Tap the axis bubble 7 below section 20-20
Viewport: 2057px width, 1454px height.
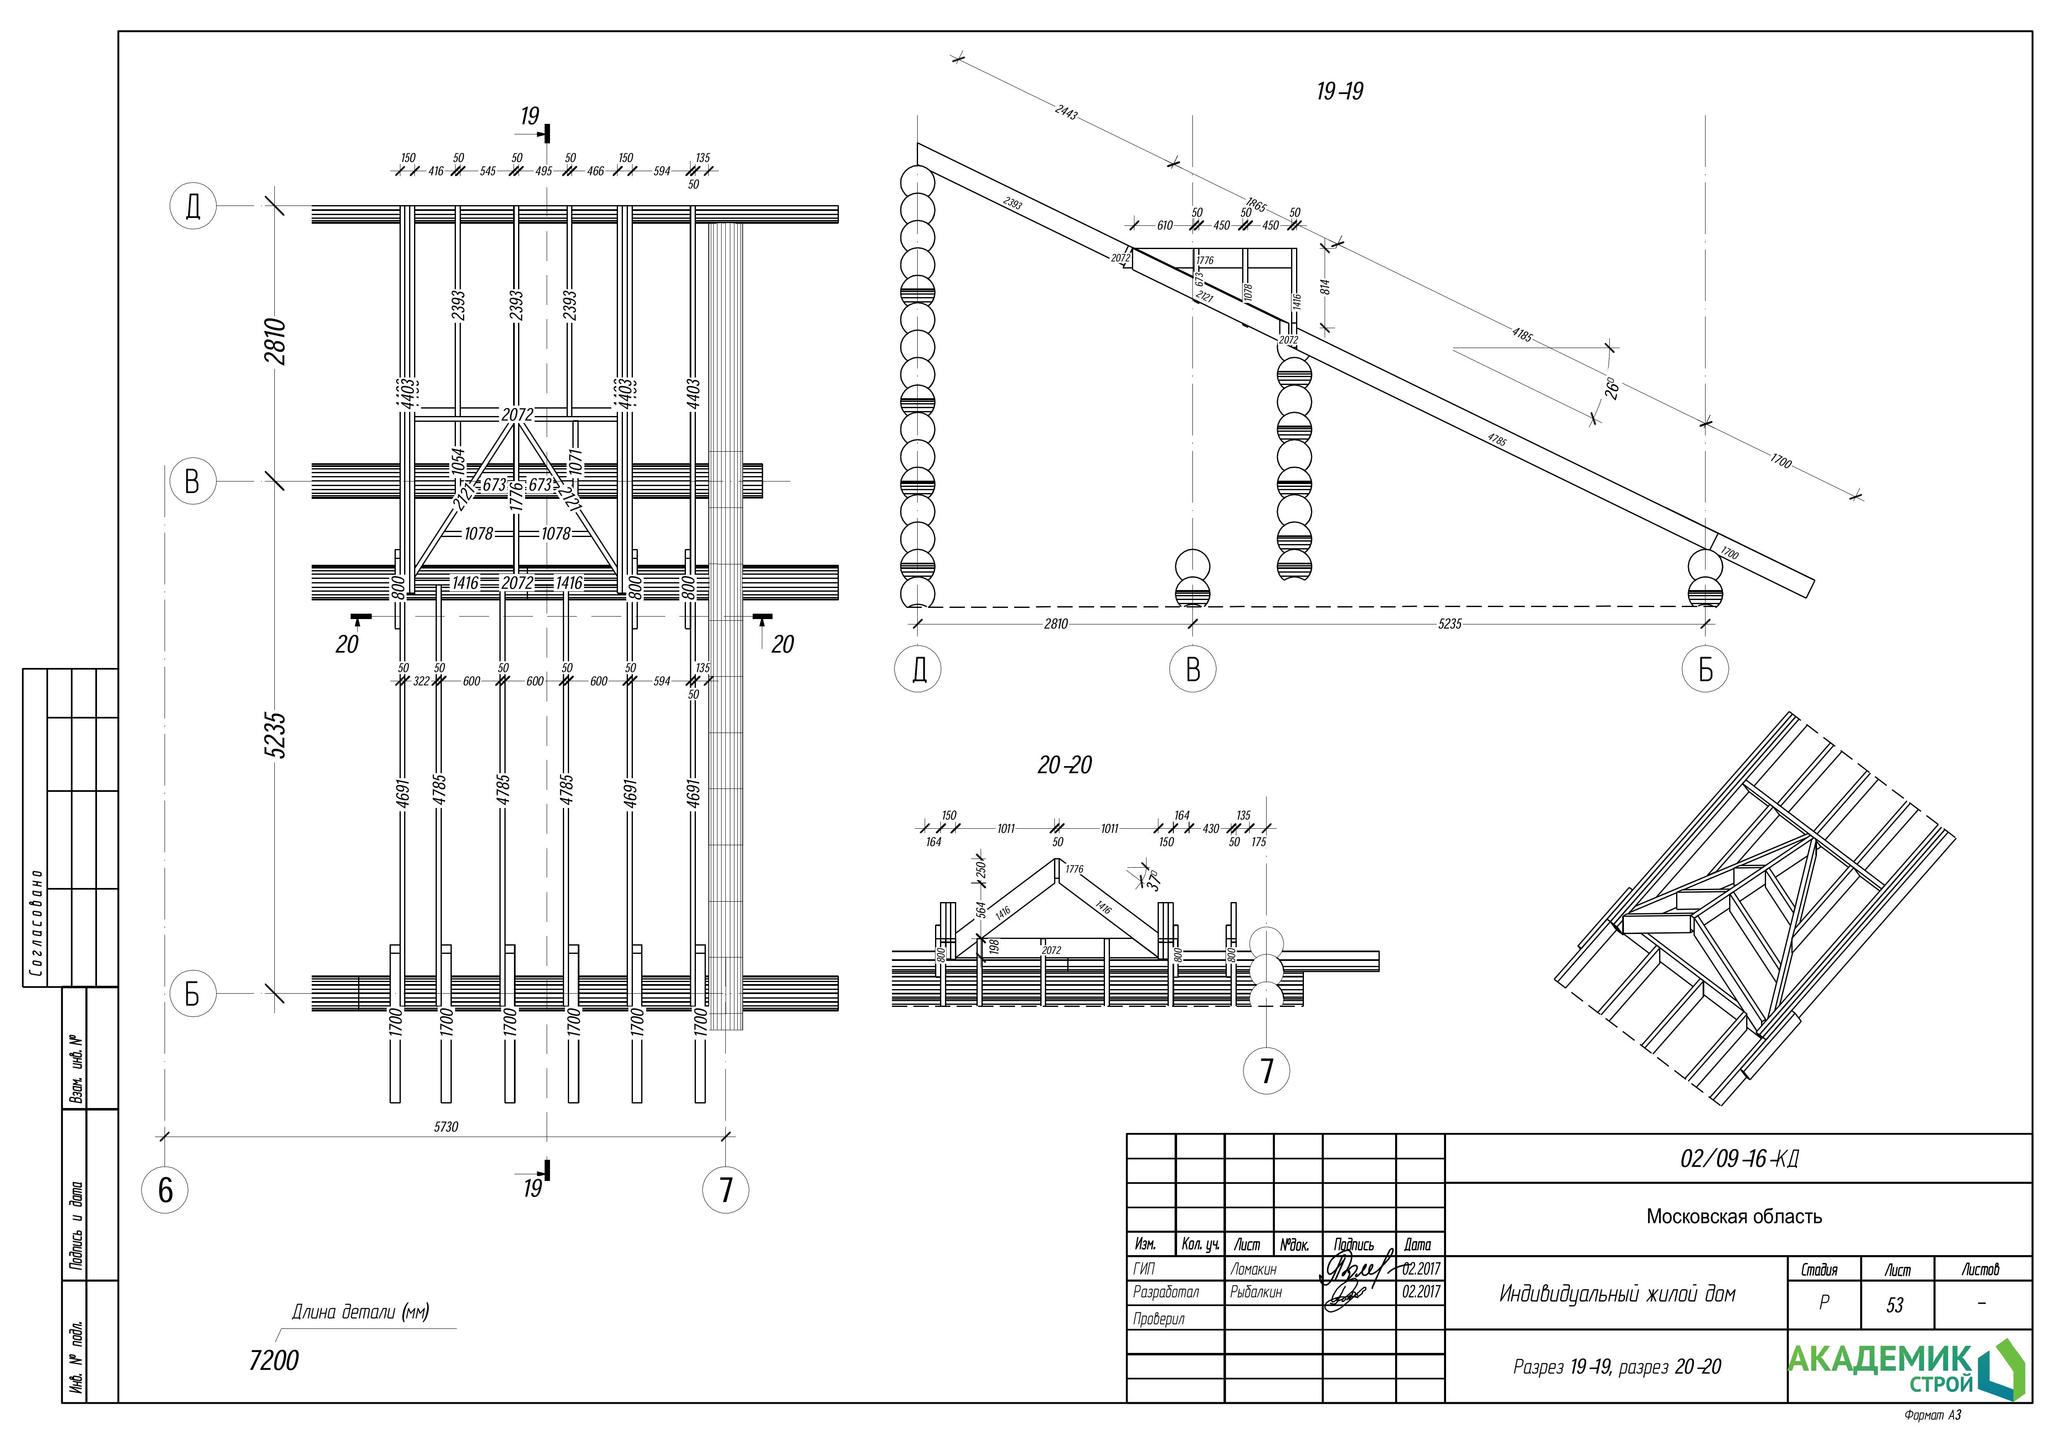(1266, 1071)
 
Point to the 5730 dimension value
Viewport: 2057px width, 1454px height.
(445, 1127)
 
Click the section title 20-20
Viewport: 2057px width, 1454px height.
(1064, 765)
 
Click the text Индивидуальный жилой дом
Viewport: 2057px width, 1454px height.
(1617, 1294)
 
